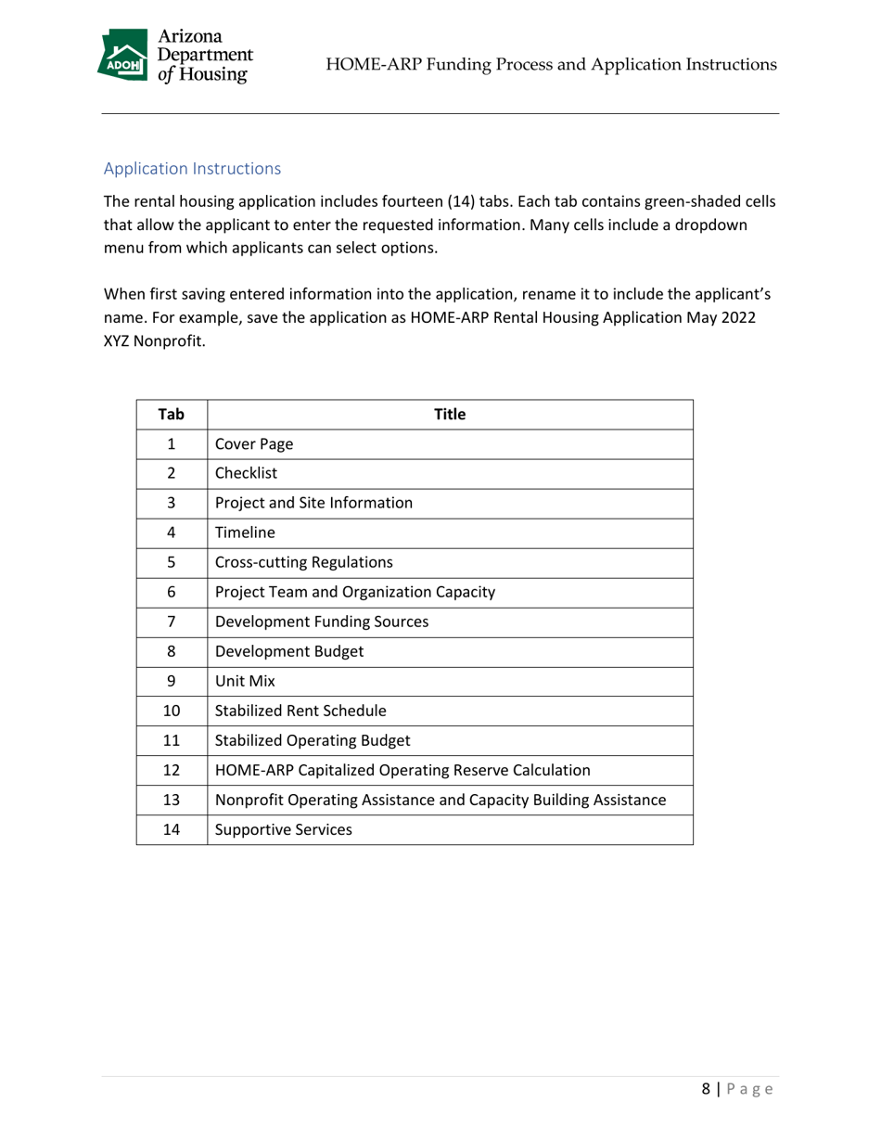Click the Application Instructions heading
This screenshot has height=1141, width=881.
(x=192, y=169)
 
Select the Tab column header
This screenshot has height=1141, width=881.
(x=171, y=415)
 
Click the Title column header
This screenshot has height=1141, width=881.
(x=450, y=415)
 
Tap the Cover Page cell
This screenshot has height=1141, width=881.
(x=253, y=444)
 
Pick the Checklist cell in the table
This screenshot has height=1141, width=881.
(x=246, y=473)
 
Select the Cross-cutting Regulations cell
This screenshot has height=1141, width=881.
(x=303, y=562)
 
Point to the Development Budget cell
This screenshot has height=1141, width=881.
(x=288, y=651)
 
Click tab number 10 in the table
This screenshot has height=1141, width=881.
(x=171, y=712)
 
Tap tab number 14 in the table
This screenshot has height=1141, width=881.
(x=171, y=830)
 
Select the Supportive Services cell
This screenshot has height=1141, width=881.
(x=283, y=830)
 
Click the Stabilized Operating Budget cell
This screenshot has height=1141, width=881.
(x=313, y=741)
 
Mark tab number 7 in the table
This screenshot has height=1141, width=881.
(x=171, y=622)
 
